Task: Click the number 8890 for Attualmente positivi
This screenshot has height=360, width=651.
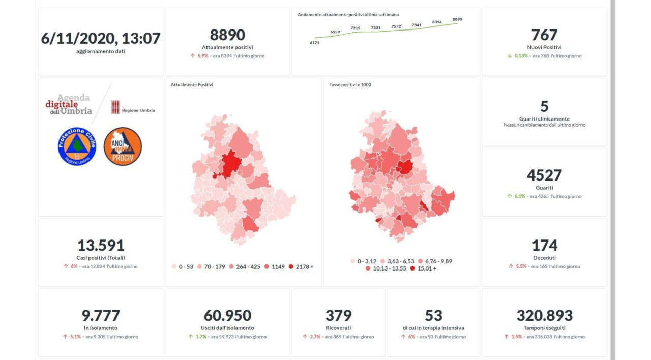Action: click(x=227, y=35)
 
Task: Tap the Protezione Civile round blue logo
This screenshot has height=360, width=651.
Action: click(x=77, y=146)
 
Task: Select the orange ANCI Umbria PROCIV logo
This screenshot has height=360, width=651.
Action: click(x=123, y=146)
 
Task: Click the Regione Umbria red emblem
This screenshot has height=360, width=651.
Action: click(x=115, y=107)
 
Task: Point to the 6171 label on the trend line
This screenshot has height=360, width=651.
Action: click(x=314, y=43)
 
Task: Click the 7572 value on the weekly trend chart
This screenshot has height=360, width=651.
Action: click(x=396, y=26)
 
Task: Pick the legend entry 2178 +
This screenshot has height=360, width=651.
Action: click(x=301, y=266)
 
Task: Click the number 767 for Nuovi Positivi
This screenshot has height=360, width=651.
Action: click(x=544, y=35)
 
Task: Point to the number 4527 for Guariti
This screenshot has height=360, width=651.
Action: click(x=544, y=175)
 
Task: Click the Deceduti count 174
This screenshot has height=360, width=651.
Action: click(x=544, y=245)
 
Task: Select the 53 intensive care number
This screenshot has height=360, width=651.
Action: click(x=433, y=315)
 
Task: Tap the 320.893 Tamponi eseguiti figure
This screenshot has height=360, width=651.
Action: click(x=544, y=315)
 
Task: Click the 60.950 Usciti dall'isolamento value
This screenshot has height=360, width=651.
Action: click(x=227, y=315)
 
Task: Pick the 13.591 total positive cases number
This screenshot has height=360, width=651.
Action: click(x=101, y=245)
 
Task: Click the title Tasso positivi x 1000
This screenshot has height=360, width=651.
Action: click(x=350, y=85)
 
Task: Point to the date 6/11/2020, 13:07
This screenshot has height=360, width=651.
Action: click(x=101, y=38)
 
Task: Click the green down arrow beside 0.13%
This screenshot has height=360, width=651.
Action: click(x=509, y=56)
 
